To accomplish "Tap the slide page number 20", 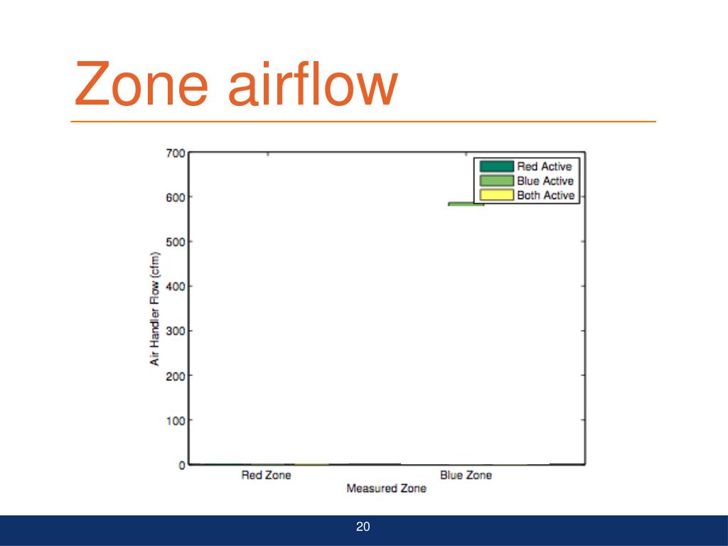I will click(x=363, y=527).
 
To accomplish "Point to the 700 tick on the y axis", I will click(x=176, y=153).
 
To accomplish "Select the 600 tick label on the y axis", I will click(x=176, y=197).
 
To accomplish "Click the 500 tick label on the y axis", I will click(x=176, y=242).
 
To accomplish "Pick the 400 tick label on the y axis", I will click(x=176, y=287).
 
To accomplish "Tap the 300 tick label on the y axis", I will click(x=176, y=331).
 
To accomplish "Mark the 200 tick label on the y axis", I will click(x=176, y=375).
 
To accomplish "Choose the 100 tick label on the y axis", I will click(x=176, y=420).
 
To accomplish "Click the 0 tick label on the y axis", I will click(x=182, y=465).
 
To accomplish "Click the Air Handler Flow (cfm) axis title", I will click(x=154, y=309).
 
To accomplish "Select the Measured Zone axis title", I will click(x=386, y=488).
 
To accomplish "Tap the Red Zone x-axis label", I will click(x=266, y=475).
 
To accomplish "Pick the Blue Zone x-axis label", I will click(x=466, y=475).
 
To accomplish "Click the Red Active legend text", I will click(x=544, y=166).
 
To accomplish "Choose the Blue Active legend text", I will click(x=545, y=181).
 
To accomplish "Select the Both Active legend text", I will click(x=545, y=195).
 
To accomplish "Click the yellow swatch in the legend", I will click(x=496, y=195).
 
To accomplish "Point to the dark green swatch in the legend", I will click(x=496, y=166).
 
